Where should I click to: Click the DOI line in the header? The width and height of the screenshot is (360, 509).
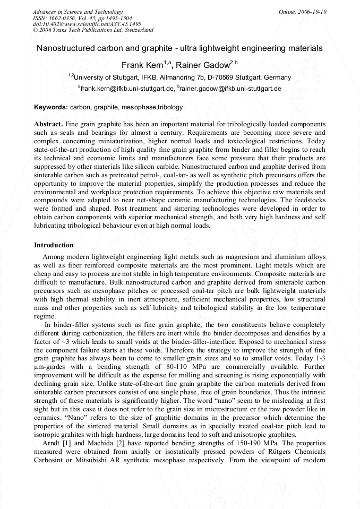pyautogui.click(x=87, y=24)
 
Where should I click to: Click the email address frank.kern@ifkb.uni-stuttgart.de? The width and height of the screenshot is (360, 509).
pyautogui.click(x=127, y=89)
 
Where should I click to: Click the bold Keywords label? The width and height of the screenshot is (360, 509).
pyautogui.click(x=51, y=107)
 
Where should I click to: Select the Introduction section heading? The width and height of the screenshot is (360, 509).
pyautogui.click(x=54, y=245)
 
